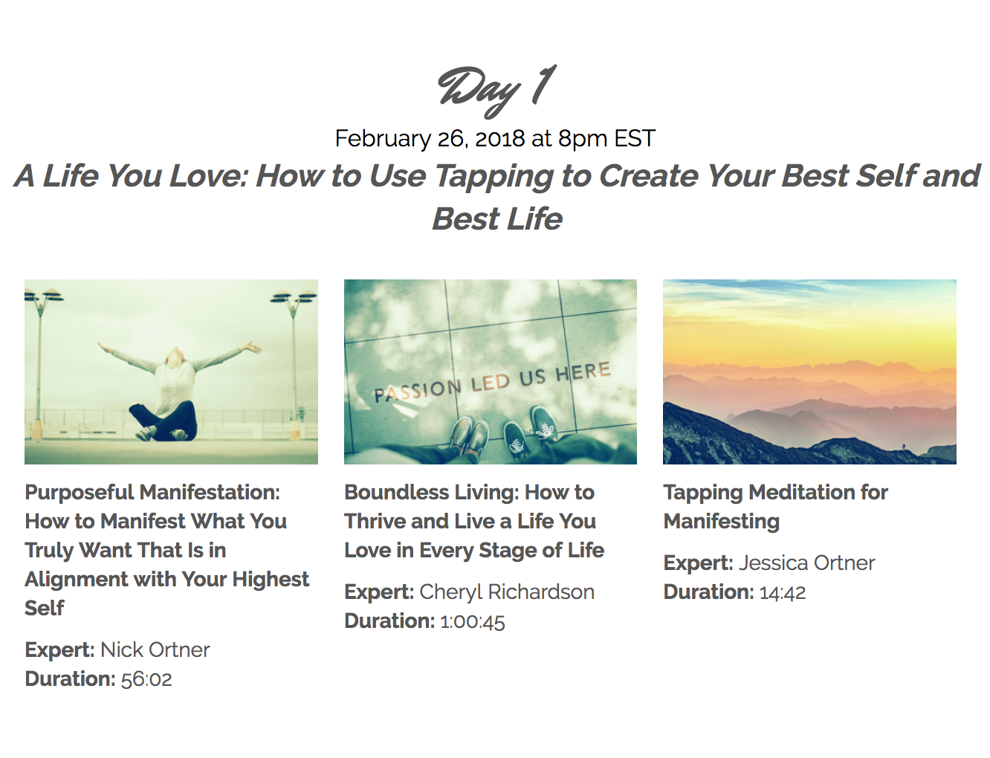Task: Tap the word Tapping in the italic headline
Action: [x=494, y=176]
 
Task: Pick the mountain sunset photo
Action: [x=809, y=372]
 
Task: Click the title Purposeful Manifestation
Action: [x=152, y=492]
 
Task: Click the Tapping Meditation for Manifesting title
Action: [x=775, y=506]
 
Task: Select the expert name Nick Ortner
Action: [x=155, y=650]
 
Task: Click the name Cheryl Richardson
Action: [x=507, y=592]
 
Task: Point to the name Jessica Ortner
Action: [x=806, y=563]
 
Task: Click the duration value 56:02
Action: [x=146, y=679]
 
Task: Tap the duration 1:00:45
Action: [x=473, y=621]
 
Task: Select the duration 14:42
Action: [x=783, y=592]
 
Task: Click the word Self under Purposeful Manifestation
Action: [x=45, y=608]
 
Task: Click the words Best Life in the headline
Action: [x=497, y=219]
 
